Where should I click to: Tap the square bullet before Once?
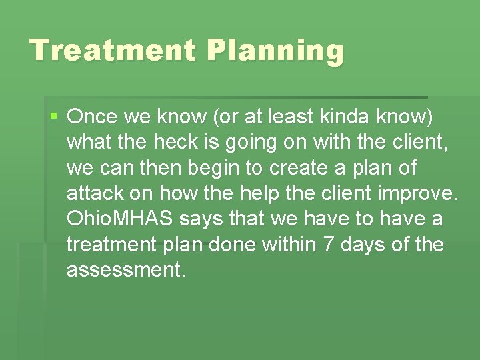pos(54,117)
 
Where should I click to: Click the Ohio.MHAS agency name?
pos(120,219)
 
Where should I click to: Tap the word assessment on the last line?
pos(125,270)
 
